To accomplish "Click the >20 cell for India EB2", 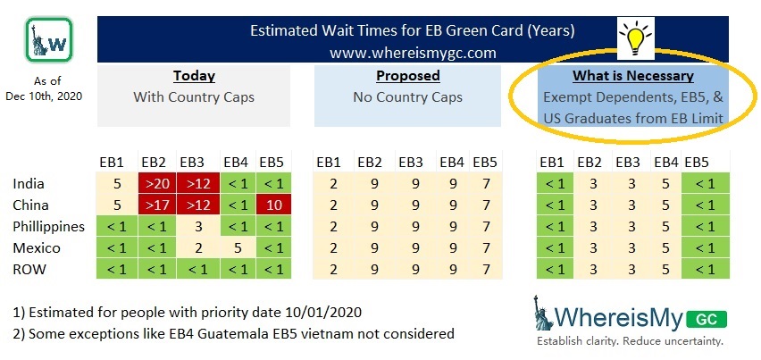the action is pos(157,184).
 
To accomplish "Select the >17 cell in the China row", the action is pos(157,205).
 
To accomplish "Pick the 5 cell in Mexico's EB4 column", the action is pos(238,248).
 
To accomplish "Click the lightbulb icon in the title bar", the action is pos(635,38).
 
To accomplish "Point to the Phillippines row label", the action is pos(49,227).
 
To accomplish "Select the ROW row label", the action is pos(29,269).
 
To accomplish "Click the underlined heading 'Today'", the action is pos(194,76).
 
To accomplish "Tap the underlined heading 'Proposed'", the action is pos(407,76).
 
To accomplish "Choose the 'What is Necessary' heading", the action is pos(633,76).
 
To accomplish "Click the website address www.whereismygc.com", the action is pos(413,53).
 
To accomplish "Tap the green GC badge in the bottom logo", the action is pos(707,319).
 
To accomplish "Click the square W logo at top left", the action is pos(49,40).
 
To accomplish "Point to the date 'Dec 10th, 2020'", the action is pos(44,96).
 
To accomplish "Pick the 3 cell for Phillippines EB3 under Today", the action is pos(198,227).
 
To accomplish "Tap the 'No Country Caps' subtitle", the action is pos(407,97).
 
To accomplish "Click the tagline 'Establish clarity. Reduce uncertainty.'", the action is pos(630,341).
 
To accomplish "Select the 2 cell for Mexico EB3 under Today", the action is pos(198,248).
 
